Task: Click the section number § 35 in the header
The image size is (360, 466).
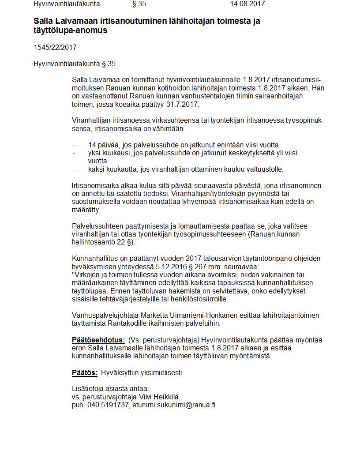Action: click(x=139, y=4)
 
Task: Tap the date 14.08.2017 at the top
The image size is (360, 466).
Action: click(x=247, y=4)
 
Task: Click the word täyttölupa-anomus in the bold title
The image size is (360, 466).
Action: click(x=71, y=30)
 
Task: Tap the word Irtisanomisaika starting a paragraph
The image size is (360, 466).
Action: click(x=94, y=185)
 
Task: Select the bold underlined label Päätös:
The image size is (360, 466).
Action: click(x=85, y=372)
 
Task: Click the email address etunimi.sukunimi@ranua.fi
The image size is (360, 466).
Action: click(x=174, y=405)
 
